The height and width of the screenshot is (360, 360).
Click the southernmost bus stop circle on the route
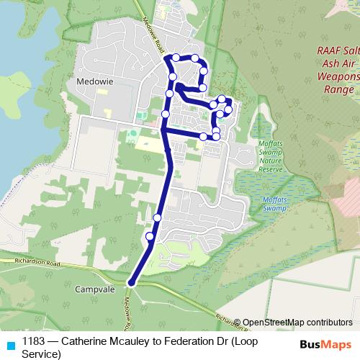(x=150, y=236)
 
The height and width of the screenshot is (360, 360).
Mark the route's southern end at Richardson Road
(x=131, y=282)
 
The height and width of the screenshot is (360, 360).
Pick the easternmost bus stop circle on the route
(x=229, y=109)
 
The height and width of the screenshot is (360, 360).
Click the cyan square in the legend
(x=10, y=342)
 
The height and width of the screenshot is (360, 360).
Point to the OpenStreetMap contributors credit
(x=297, y=323)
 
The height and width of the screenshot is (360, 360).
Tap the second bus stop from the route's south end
(x=157, y=217)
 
